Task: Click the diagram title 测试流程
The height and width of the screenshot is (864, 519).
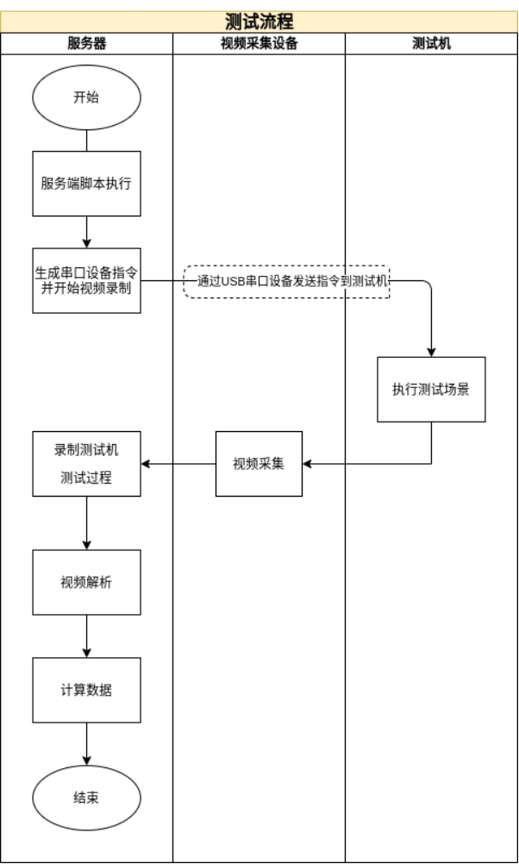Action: tap(259, 22)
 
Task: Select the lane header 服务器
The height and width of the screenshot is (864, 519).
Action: tap(86, 44)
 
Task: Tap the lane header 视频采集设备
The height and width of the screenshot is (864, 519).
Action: tap(259, 44)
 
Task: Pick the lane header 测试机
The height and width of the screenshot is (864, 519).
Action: tap(431, 44)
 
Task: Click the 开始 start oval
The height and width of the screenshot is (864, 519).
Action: tap(86, 97)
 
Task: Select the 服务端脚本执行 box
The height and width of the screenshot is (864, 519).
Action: tap(86, 184)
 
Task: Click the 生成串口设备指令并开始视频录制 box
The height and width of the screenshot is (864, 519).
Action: tap(86, 280)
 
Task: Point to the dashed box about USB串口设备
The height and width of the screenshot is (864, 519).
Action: tap(287, 281)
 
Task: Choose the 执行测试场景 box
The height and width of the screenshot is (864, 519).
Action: tap(431, 389)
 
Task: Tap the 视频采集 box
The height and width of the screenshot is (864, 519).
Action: tap(259, 464)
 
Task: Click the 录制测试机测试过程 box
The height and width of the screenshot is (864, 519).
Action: tap(86, 464)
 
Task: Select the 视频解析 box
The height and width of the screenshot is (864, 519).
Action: tap(86, 582)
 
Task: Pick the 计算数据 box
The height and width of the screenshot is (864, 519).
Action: tap(86, 690)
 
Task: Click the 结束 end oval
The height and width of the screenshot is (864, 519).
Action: tap(86, 798)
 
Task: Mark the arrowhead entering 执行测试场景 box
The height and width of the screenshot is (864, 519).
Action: tap(431, 352)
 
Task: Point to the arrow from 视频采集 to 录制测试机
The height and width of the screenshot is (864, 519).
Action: tap(178, 464)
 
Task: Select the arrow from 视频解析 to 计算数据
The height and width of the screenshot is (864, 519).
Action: tap(86, 636)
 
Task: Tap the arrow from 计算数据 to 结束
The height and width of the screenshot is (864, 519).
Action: tap(86, 743)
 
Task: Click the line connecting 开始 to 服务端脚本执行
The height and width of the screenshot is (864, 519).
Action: tap(86, 141)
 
